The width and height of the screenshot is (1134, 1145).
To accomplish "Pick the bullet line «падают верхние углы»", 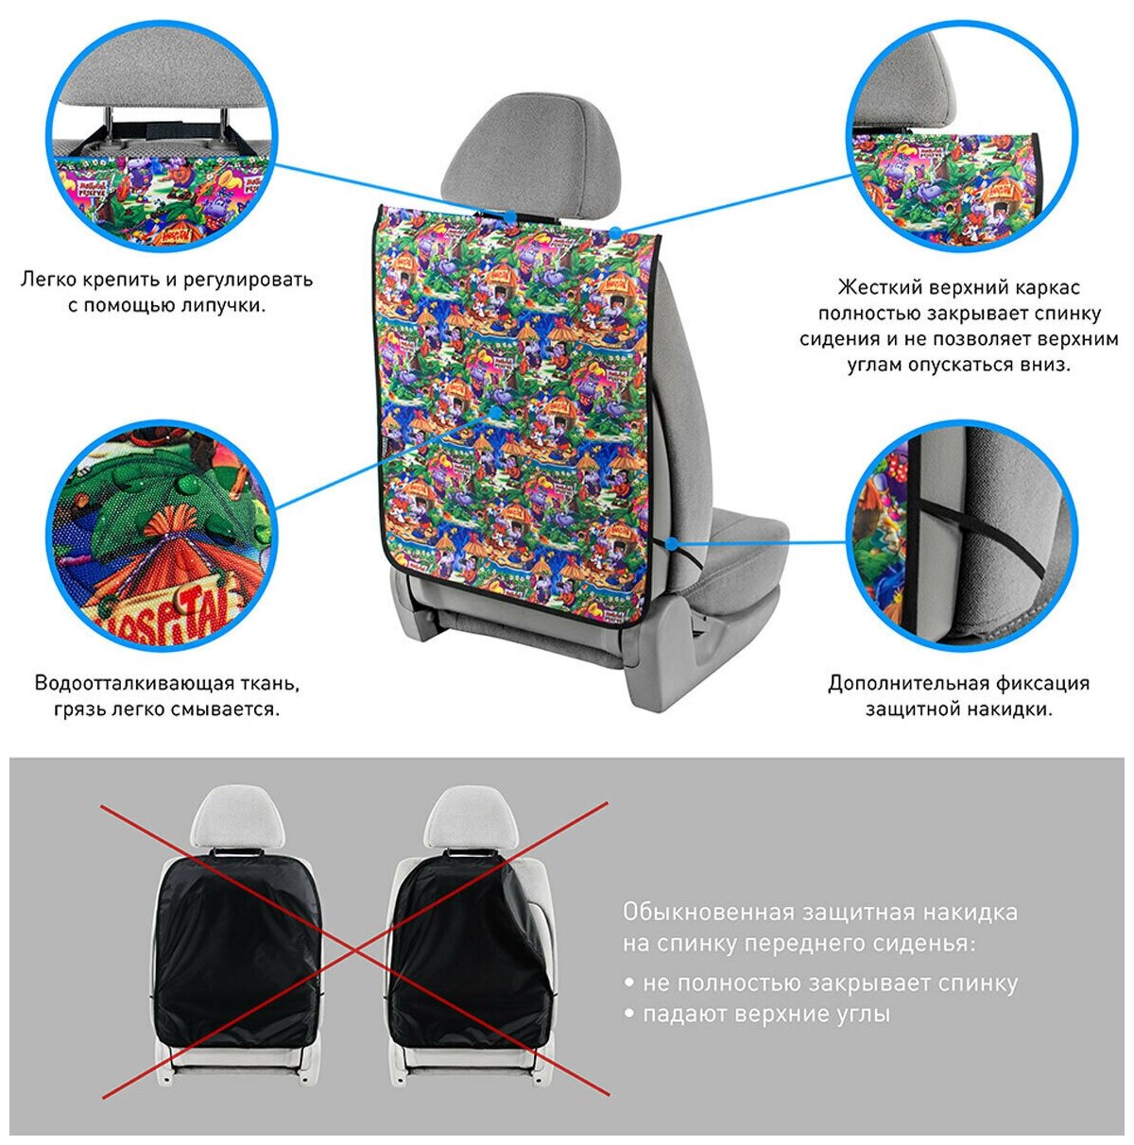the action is pyautogui.click(x=765, y=1015).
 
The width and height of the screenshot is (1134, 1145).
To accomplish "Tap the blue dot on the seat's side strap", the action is pyautogui.click(x=670, y=544).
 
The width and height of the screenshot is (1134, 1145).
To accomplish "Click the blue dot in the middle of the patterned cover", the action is pyautogui.click(x=494, y=413).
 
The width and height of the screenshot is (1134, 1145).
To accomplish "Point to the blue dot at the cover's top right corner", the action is pyautogui.click(x=614, y=231).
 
